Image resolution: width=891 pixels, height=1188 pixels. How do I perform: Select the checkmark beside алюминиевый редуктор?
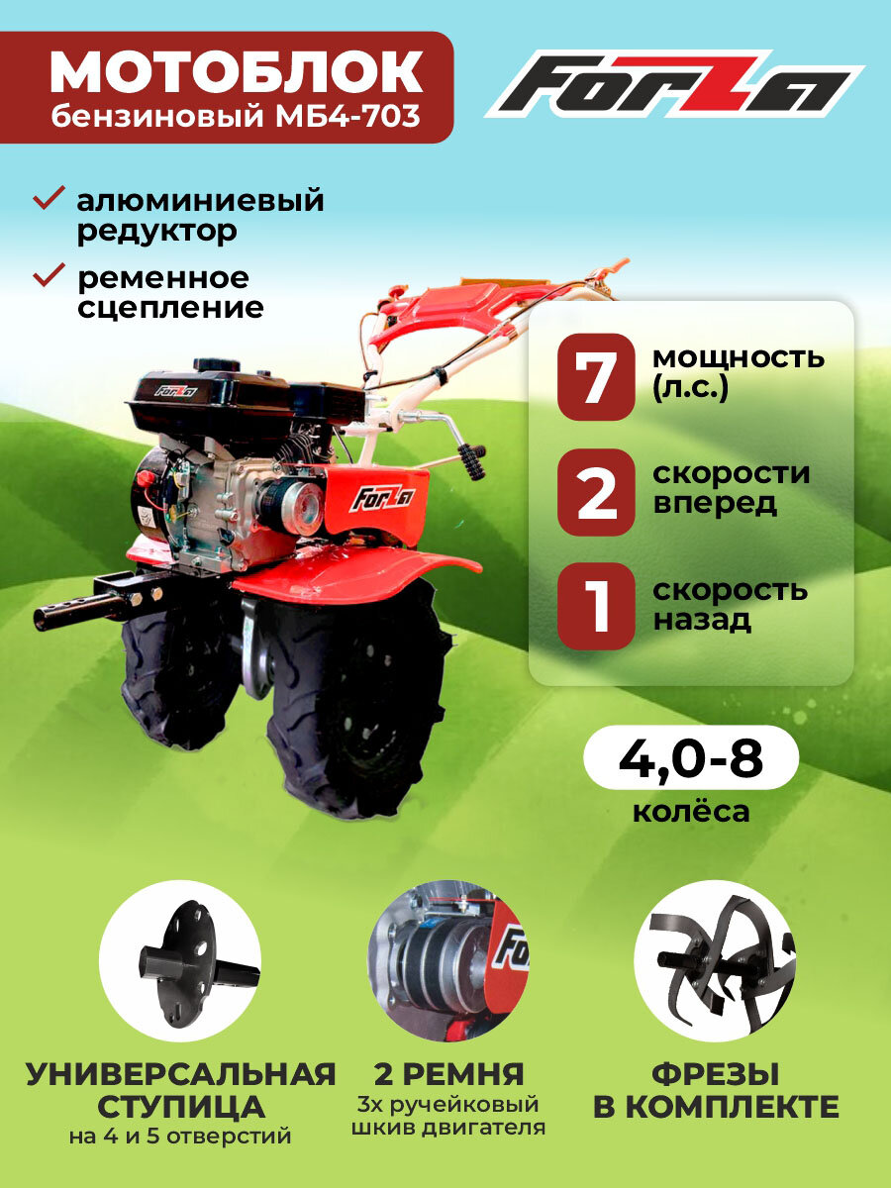pyautogui.click(x=49, y=199)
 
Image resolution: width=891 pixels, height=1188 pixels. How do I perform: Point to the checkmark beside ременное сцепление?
pyautogui.click(x=49, y=275)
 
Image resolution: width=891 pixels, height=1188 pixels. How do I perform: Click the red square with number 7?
pyautogui.click(x=595, y=377)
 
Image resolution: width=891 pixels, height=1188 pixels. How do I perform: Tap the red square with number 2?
pyautogui.click(x=595, y=492)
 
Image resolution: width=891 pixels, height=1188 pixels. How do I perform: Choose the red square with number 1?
pyautogui.click(x=595, y=606)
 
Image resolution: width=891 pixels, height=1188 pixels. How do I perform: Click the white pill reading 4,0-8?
pyautogui.click(x=690, y=760)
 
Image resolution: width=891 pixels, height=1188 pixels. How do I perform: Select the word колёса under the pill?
pyautogui.click(x=690, y=813)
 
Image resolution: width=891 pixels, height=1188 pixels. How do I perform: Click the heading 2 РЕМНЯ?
pyautogui.click(x=448, y=1073)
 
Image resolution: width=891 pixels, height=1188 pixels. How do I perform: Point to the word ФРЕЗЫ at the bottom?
pyautogui.click(x=715, y=1073)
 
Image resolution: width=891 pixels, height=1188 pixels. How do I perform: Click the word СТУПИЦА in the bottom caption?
pyautogui.click(x=180, y=1106)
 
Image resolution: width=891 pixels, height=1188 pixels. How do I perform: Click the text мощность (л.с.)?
pyautogui.click(x=738, y=372)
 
